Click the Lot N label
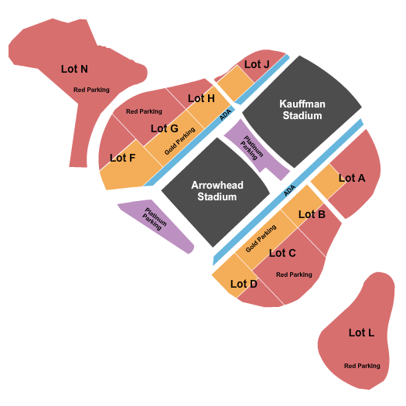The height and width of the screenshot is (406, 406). coord(74,69)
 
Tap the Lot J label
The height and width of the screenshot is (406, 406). coord(257,64)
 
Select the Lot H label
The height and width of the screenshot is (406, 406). coord(201,98)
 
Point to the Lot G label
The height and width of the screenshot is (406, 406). coord(165,128)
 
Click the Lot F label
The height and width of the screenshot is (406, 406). coord(122,158)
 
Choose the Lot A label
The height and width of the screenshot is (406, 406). coord(352,178)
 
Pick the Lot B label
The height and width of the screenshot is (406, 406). coord(312,214)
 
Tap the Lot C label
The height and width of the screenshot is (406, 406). coord(282,253)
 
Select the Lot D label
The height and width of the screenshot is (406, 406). coord(244,284)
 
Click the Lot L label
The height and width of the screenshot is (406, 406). coord(361,333)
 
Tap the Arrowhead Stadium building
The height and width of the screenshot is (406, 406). coord(216,192)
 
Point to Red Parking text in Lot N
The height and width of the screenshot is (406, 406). coord(91,90)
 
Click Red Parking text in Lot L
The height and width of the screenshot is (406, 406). coord(362,366)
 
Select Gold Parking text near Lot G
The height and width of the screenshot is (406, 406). coord(179,141)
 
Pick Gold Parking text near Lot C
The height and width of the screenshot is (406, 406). coord(261,238)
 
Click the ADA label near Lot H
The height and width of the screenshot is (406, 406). coord(225,114)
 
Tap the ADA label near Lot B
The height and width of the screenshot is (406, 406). coord(289,190)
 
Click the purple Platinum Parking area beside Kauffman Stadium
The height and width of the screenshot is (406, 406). coord(255,150)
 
